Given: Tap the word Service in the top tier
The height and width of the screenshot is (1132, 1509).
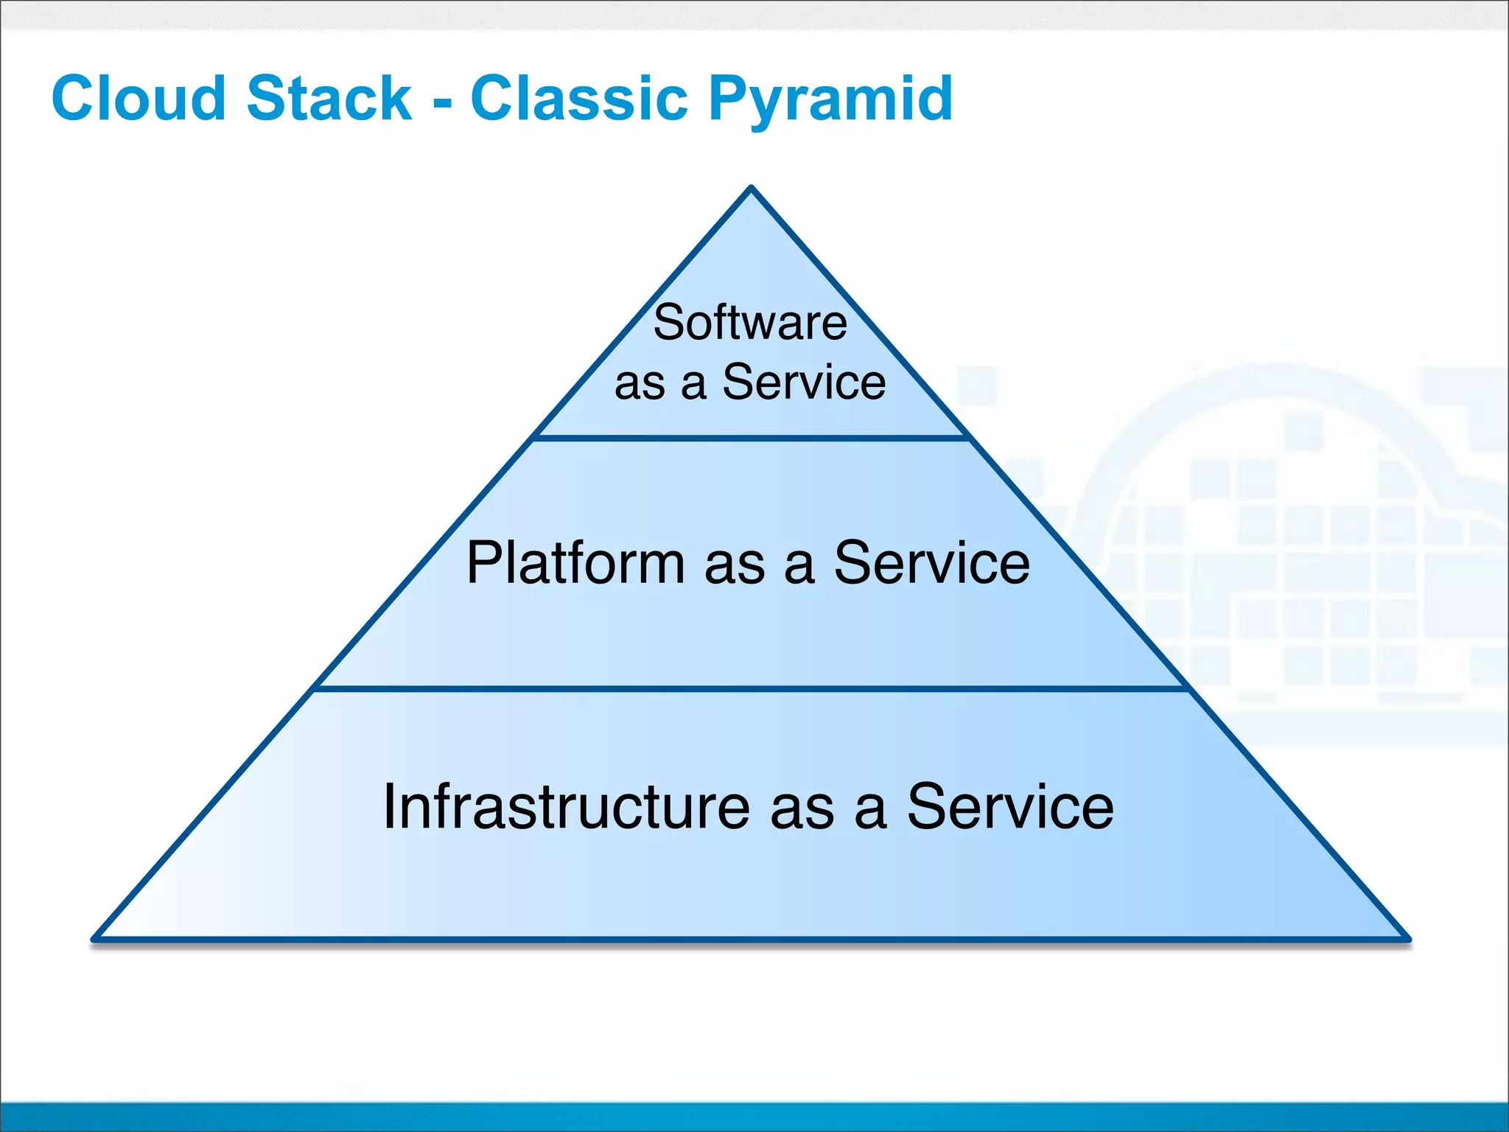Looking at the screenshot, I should point(804,382).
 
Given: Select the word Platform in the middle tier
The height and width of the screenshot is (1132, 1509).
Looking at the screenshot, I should point(575,563).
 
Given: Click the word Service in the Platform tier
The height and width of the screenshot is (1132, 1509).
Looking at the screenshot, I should point(931,563).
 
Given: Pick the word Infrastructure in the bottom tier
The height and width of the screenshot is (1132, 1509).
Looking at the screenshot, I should point(567,807).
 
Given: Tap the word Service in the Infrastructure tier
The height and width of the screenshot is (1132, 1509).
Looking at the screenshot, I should point(1009,807).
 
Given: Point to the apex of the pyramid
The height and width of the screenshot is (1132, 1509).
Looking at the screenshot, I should point(751,189).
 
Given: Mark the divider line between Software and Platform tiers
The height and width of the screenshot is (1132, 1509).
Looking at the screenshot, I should point(751,438).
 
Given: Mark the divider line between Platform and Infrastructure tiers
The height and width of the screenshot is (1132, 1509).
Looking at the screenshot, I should point(751,688).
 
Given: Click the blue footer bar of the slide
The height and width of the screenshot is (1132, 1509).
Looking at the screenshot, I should point(754,1117).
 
